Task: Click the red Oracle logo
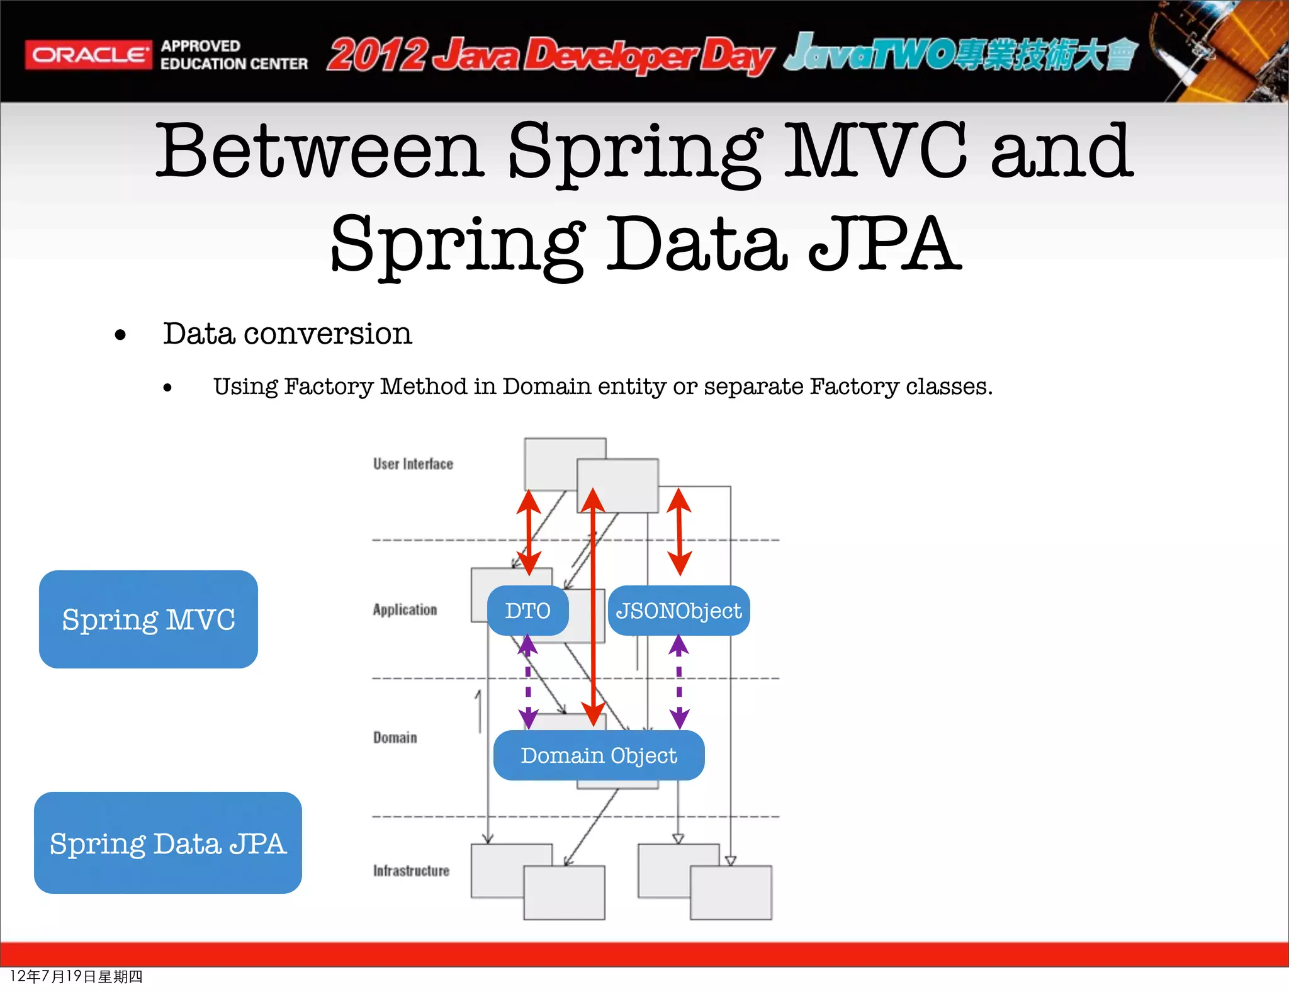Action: click(88, 55)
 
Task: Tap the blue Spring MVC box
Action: click(149, 619)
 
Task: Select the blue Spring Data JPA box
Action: click(168, 843)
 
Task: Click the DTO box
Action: click(527, 611)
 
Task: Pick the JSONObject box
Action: click(678, 611)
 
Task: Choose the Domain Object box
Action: click(599, 755)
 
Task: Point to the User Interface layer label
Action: click(413, 464)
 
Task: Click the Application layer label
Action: click(405, 609)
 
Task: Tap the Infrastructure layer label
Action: click(411, 871)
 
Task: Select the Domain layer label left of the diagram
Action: click(395, 737)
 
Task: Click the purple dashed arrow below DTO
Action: click(528, 683)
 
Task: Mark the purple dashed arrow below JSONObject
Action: click(678, 683)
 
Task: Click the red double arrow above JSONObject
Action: click(679, 532)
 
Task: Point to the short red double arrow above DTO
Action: click(529, 532)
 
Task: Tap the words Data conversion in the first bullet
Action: click(287, 333)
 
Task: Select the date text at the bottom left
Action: click(76, 976)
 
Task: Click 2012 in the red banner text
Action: click(378, 55)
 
